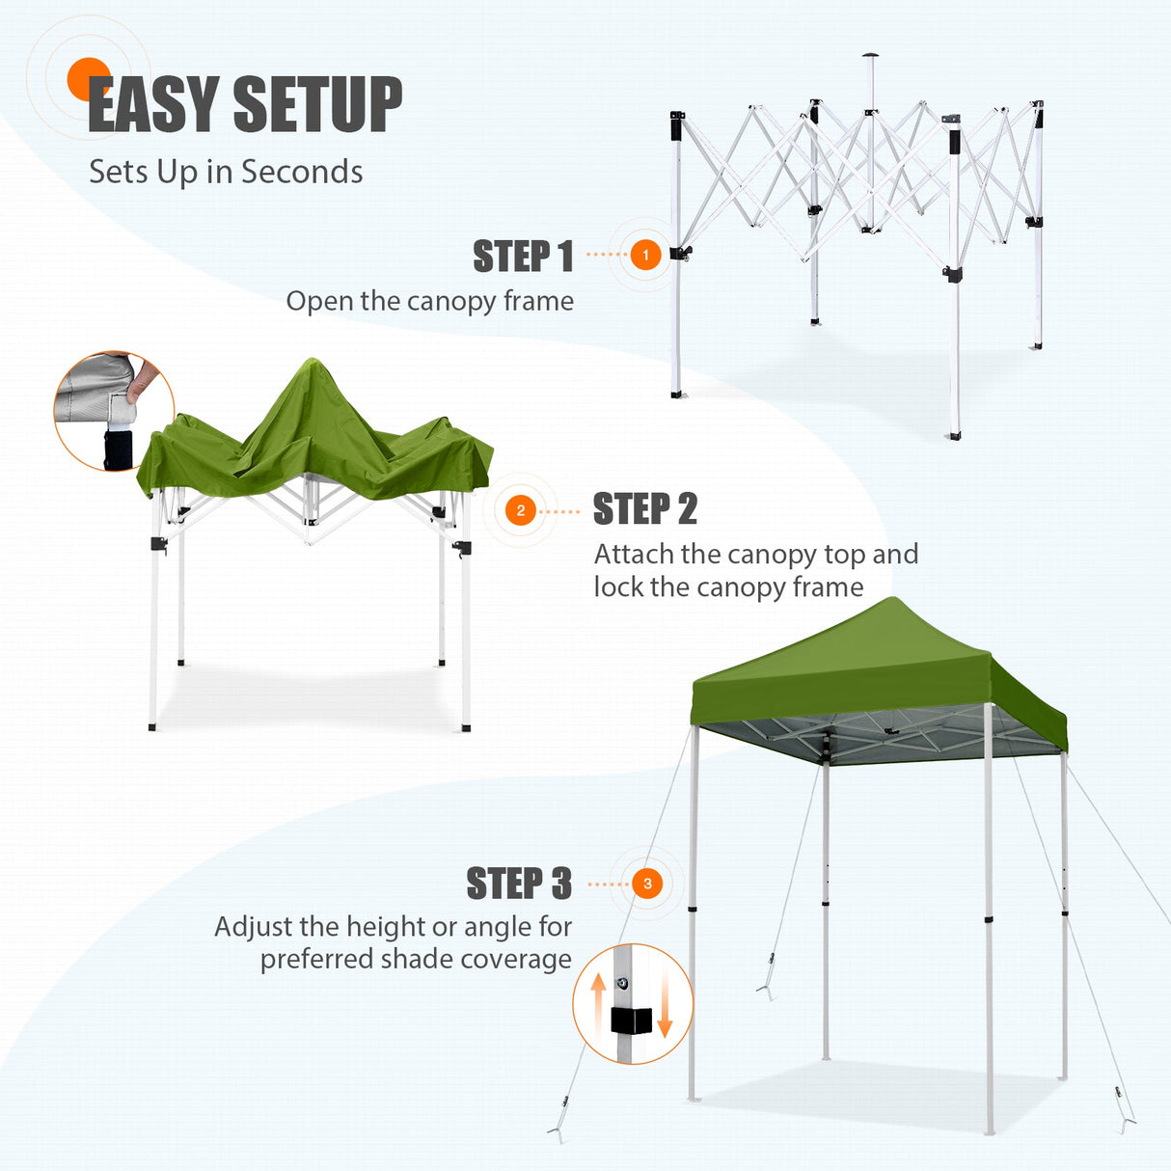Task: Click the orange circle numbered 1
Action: coord(645,255)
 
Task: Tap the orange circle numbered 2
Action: coord(521,510)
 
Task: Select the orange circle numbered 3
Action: coord(647,884)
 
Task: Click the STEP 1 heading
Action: coord(523,258)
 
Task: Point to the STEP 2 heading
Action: coord(644,509)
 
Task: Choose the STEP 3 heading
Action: coord(519,885)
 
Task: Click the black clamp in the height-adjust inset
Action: coord(631,1021)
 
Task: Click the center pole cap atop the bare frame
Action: coord(871,56)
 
